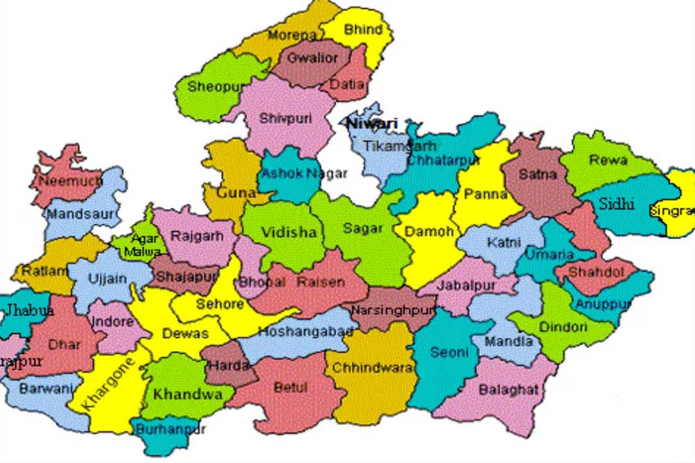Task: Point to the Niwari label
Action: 372,124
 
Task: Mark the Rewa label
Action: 608,160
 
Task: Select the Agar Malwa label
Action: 144,245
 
